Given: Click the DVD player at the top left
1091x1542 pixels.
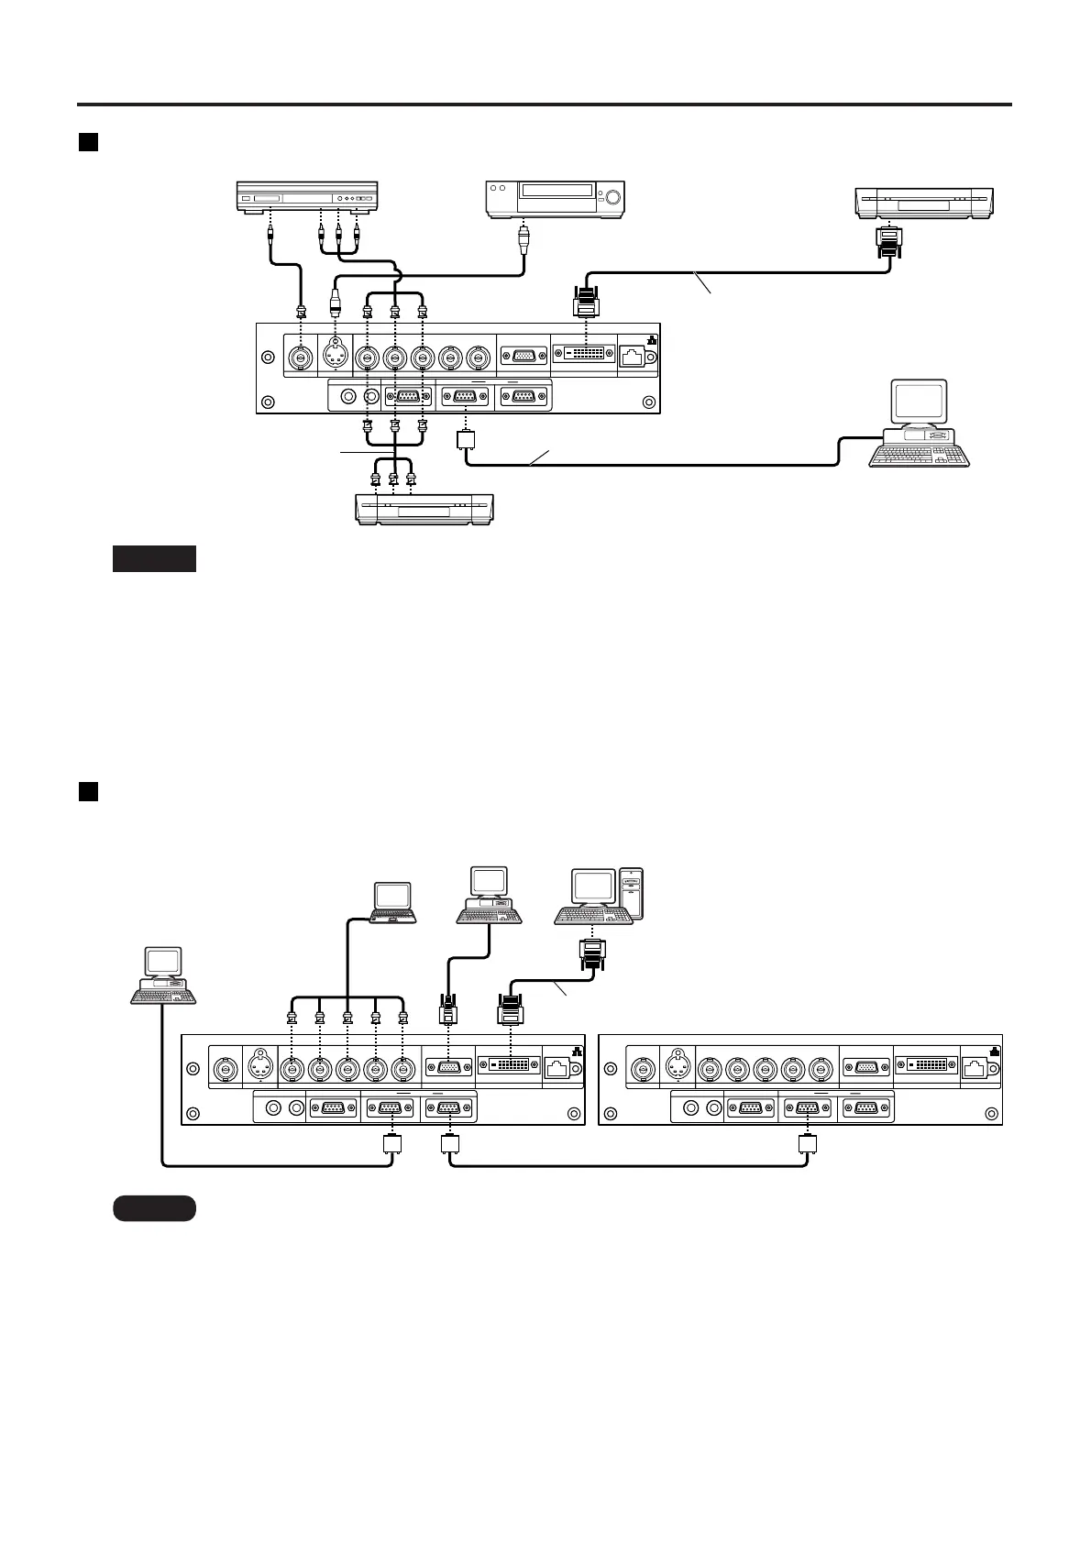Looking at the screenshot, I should [307, 197].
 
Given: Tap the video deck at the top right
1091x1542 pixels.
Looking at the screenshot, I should [923, 203].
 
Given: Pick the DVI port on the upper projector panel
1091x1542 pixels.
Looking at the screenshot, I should [584, 355].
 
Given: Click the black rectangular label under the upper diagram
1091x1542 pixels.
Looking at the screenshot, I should [154, 558].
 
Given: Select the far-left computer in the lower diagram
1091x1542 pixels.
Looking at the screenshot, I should [163, 975].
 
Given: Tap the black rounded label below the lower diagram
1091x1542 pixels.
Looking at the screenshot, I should [154, 1208].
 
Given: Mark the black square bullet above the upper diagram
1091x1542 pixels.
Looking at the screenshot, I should [88, 142].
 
